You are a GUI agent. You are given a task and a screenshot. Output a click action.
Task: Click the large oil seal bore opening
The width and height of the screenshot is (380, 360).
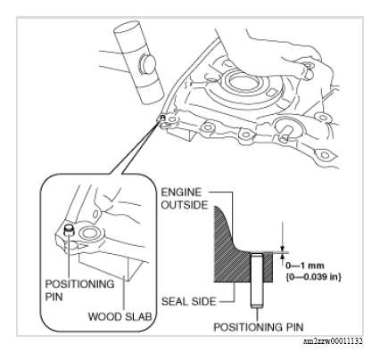coord(244,82)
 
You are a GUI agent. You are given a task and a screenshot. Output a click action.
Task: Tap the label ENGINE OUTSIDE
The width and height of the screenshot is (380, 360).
coord(185,199)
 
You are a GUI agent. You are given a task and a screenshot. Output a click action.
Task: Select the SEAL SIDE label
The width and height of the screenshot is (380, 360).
coord(188,301)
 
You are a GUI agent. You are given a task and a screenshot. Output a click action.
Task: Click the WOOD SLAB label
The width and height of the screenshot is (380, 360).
coord(120,316)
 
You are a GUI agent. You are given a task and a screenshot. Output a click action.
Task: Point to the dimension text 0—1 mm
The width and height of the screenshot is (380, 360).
coord(304,266)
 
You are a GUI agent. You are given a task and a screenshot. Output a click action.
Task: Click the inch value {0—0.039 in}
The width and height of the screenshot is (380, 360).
coord(313,277)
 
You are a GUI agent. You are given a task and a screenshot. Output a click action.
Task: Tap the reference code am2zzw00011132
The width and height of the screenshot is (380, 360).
coord(333,341)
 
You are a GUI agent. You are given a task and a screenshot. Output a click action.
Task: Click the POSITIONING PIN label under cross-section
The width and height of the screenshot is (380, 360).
coord(259,327)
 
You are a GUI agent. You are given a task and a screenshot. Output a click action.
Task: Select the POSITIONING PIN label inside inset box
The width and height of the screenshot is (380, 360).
coord(79,290)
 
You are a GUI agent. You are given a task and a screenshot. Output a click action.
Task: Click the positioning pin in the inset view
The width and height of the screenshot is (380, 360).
coord(70,230)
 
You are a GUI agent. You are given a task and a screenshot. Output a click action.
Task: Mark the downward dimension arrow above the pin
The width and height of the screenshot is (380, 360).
coord(282,238)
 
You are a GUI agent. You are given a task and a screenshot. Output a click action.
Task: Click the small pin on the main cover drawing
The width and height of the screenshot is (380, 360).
coord(162,118)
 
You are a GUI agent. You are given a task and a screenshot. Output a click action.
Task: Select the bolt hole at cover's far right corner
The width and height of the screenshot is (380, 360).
coord(325,155)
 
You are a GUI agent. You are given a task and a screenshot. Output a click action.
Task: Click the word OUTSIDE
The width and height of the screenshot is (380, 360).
coord(185,205)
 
